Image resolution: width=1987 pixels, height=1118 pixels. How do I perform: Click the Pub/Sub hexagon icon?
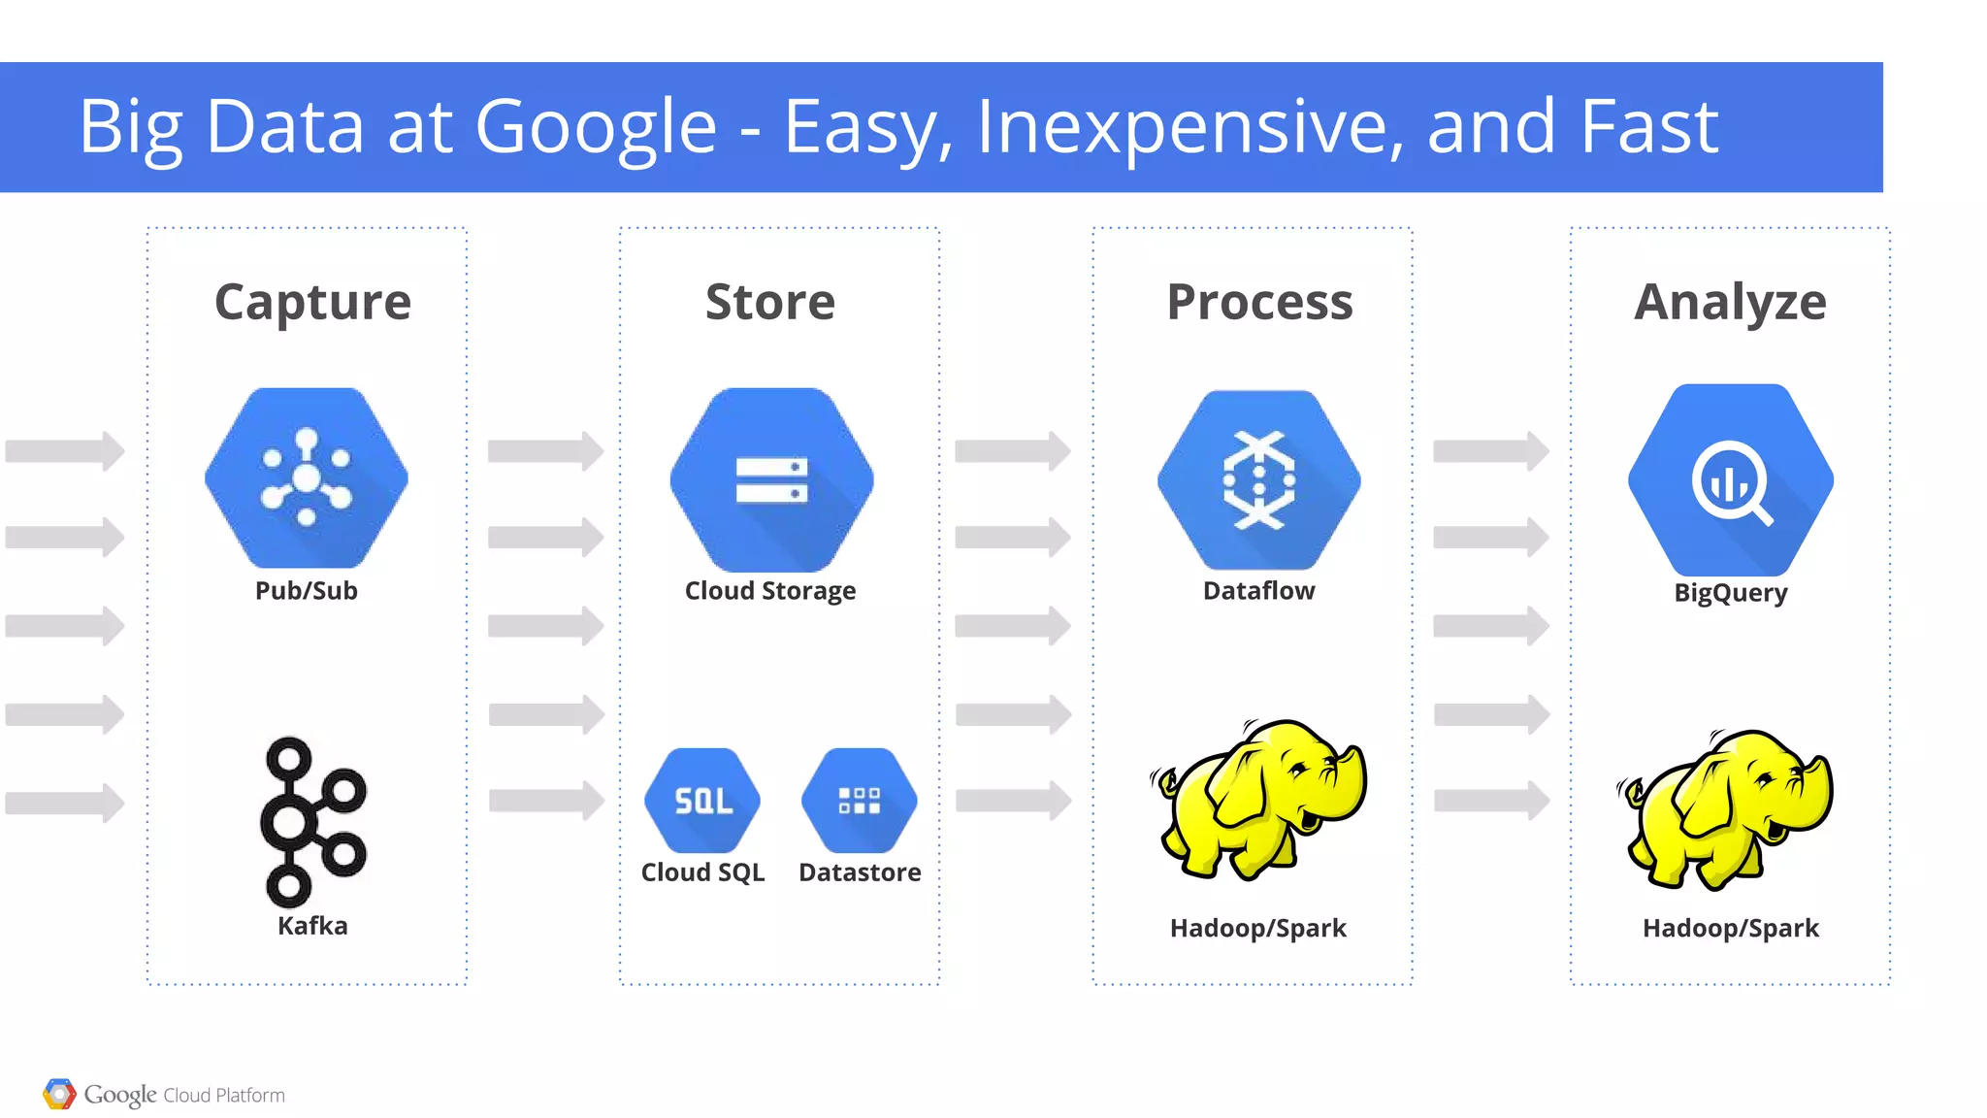click(x=307, y=477)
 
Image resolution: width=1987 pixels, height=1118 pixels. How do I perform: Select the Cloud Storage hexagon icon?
click(x=771, y=479)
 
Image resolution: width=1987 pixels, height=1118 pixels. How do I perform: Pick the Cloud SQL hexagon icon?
click(x=702, y=801)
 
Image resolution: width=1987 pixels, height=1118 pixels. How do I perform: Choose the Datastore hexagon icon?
click(x=860, y=801)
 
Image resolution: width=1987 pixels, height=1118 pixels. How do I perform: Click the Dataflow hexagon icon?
click(x=1258, y=479)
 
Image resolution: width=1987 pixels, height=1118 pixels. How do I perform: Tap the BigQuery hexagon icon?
click(x=1731, y=479)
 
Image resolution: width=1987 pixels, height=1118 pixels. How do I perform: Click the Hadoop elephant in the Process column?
click(x=1258, y=799)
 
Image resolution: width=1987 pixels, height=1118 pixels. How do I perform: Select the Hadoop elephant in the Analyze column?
click(x=1727, y=808)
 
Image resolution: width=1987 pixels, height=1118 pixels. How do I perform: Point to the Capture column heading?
click(x=312, y=302)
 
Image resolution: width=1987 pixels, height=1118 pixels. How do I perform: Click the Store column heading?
click(x=770, y=302)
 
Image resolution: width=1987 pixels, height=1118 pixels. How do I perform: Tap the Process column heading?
click(x=1259, y=302)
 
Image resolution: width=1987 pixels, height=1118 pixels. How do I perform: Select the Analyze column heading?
click(x=1730, y=302)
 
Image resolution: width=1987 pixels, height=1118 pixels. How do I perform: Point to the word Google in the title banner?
click(x=596, y=127)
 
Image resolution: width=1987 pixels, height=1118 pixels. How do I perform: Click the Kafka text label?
click(x=312, y=926)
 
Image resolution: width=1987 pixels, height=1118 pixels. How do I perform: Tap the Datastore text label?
click(x=860, y=872)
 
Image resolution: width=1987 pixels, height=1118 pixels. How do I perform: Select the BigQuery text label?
click(x=1731, y=593)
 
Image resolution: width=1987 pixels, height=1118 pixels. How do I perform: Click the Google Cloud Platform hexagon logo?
click(x=59, y=1095)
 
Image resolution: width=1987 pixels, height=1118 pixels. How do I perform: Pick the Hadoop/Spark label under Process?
click(x=1258, y=929)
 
